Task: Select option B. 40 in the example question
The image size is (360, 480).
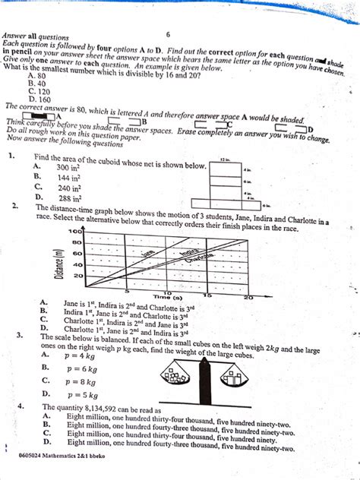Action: point(37,84)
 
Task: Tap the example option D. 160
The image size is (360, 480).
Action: point(39,99)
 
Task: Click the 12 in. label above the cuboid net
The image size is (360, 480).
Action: point(223,160)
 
